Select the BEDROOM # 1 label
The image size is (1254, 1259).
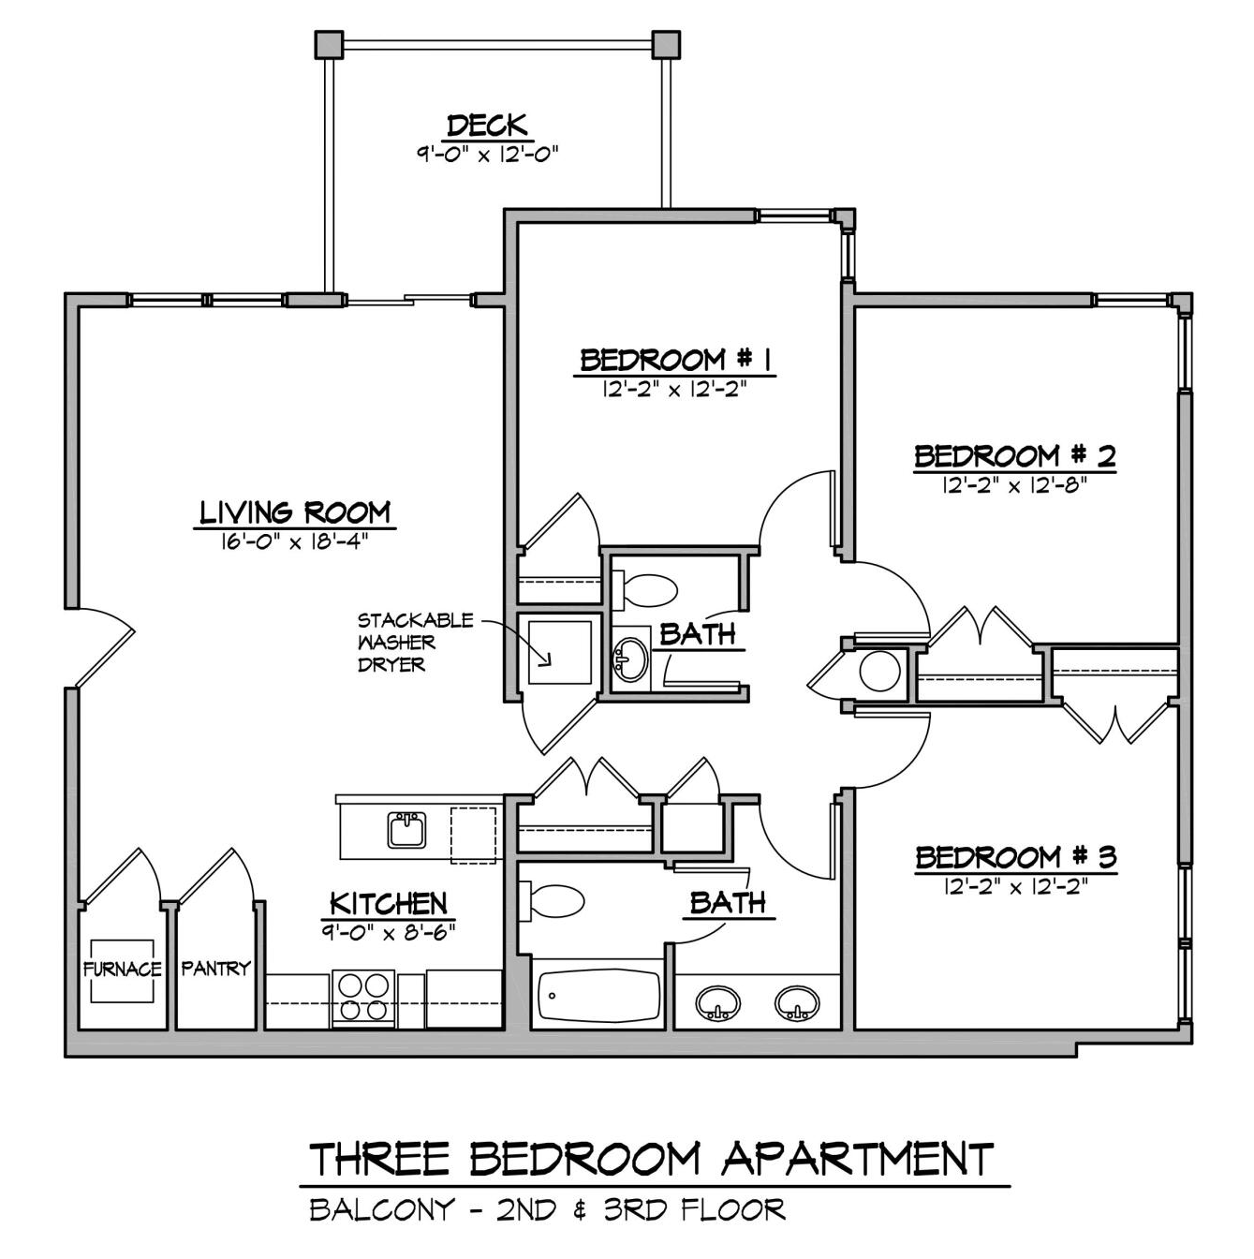click(675, 360)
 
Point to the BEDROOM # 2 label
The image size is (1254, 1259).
click(1015, 456)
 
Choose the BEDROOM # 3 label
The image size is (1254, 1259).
click(1016, 857)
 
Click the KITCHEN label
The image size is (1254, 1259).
click(388, 904)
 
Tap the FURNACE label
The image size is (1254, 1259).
click(122, 969)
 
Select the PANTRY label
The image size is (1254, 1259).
click(215, 969)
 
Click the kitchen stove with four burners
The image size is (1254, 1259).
click(363, 999)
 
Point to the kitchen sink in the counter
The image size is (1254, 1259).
click(406, 830)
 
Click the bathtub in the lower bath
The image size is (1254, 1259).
click(598, 997)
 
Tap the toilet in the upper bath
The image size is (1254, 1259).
click(644, 588)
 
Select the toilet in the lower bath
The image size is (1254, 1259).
click(552, 900)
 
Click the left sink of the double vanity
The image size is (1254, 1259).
click(717, 1002)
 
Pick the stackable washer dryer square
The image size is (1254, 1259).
click(559, 652)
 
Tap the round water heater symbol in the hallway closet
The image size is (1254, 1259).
click(879, 671)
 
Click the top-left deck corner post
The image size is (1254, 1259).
click(330, 44)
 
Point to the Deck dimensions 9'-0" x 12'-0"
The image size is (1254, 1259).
click(488, 155)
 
